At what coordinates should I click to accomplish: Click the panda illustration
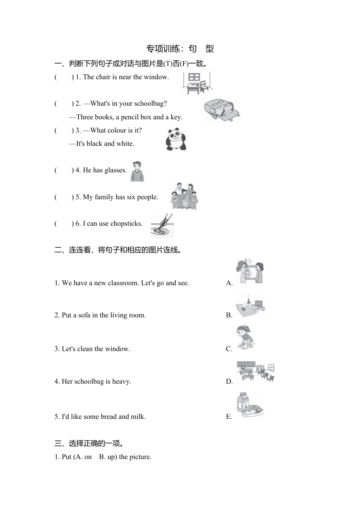click(176, 139)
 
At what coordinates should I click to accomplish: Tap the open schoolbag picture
click(222, 111)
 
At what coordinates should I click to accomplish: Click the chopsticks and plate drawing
click(162, 226)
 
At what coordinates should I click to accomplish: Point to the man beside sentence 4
click(137, 172)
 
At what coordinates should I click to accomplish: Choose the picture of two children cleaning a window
click(249, 272)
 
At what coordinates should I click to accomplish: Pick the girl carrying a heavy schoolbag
click(245, 337)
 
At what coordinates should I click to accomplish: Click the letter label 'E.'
click(229, 417)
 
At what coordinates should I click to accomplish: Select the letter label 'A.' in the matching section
click(229, 283)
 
